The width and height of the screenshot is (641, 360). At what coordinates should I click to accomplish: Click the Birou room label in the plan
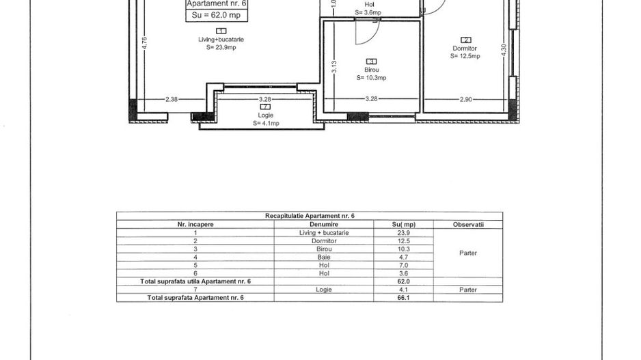(x=372, y=70)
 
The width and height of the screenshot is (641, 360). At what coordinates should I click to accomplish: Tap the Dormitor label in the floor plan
(x=465, y=49)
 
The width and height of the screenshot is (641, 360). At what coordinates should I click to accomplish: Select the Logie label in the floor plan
(x=265, y=115)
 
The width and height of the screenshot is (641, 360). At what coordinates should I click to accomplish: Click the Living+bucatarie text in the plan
(x=221, y=40)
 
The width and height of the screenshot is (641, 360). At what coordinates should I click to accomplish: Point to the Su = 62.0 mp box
(x=217, y=16)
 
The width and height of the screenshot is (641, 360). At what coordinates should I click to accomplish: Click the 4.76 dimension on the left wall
(x=144, y=44)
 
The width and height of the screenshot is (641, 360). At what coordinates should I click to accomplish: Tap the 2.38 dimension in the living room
(x=172, y=99)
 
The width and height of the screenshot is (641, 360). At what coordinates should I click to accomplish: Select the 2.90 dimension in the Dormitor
(x=465, y=99)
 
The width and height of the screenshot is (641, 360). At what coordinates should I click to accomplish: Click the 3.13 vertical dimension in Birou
(x=333, y=67)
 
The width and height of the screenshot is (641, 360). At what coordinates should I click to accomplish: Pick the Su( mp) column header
(x=403, y=224)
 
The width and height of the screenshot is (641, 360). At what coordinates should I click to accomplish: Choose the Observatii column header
(x=468, y=224)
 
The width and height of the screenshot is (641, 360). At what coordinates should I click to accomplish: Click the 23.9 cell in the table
(x=403, y=233)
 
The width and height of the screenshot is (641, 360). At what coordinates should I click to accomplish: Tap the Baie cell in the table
(x=324, y=257)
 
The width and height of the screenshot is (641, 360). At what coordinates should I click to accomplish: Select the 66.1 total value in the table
(x=403, y=297)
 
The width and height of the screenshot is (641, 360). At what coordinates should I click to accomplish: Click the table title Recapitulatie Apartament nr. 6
(x=310, y=216)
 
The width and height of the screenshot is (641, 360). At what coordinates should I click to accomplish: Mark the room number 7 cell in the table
(x=195, y=290)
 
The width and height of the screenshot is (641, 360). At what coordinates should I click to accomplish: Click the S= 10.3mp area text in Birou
(x=371, y=78)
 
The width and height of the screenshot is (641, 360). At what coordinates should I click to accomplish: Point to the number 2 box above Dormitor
(x=465, y=40)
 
